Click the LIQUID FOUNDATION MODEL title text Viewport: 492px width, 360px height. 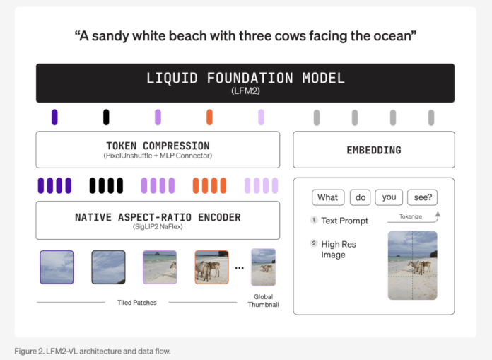click(245, 78)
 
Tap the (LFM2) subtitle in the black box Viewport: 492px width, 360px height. click(245, 91)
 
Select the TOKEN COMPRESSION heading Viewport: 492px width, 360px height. click(157, 145)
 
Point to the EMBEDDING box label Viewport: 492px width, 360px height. click(373, 150)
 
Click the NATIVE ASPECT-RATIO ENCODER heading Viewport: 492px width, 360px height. click(158, 216)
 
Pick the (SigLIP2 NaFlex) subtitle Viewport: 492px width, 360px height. click(158, 228)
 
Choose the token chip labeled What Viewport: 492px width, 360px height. click(327, 198)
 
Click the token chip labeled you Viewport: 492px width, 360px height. click(389, 198)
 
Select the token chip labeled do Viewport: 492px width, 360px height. click(360, 198)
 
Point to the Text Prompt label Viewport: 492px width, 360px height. click(344, 221)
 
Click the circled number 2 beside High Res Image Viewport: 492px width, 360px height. click(314, 244)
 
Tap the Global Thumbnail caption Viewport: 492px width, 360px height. click(263, 301)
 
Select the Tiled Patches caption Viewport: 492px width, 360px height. click(136, 303)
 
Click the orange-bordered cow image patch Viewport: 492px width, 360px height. click(211, 267)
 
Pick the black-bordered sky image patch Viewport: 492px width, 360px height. click(108, 267)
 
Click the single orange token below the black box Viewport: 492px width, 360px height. click(209, 117)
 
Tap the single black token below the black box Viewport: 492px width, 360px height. click(106, 117)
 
